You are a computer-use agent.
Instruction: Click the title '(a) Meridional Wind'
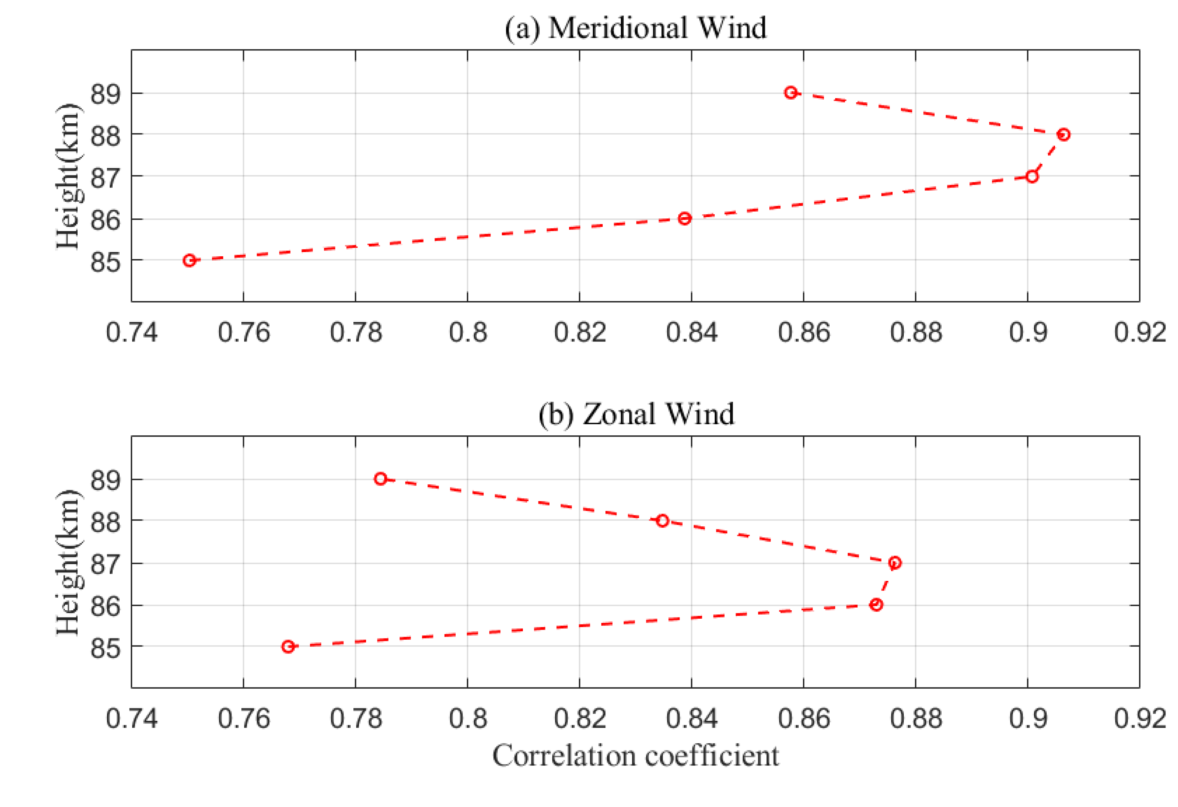point(636,28)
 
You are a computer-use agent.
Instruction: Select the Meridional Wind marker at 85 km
point(189,260)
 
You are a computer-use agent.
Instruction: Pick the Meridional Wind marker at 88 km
point(1063,134)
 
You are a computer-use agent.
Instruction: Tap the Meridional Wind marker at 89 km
point(790,93)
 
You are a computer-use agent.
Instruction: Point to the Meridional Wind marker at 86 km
point(684,218)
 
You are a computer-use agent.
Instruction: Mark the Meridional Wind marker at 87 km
point(1031,176)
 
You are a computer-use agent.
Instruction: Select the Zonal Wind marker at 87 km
point(895,563)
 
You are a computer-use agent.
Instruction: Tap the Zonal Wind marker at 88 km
point(662,521)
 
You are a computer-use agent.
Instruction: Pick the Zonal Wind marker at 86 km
point(876,604)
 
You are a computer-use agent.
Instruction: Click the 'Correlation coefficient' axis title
point(636,756)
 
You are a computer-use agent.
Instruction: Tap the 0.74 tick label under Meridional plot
point(131,333)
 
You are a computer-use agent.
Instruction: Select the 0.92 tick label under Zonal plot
point(1139,719)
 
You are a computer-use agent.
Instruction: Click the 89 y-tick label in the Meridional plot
point(105,94)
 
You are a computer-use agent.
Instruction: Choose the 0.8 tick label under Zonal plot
point(468,719)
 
